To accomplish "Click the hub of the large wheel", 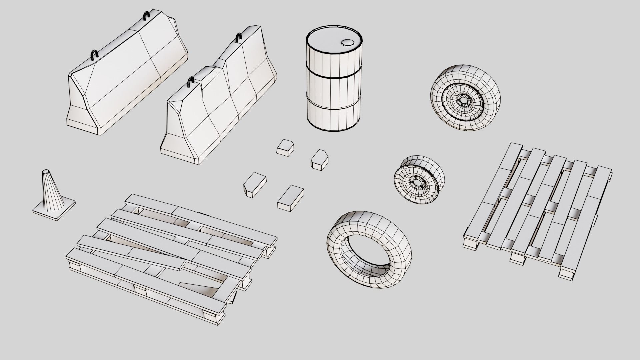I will tap(463, 100).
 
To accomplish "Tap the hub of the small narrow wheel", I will tap(416, 183).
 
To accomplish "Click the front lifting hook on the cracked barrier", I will tap(191, 82).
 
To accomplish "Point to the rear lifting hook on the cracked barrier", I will tap(238, 37).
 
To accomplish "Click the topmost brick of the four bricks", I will tap(285, 147).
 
